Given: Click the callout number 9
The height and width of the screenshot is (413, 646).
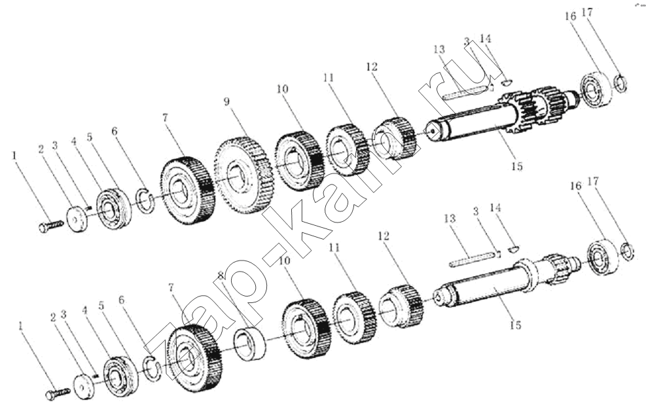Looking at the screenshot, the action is [x=226, y=102].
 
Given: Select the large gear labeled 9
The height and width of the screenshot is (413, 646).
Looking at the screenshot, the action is [x=244, y=176].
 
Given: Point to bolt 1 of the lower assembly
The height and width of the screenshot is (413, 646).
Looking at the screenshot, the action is [x=57, y=393].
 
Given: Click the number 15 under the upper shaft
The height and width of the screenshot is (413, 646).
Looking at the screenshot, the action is [x=516, y=166].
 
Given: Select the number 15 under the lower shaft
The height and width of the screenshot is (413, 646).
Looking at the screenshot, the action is [x=515, y=325].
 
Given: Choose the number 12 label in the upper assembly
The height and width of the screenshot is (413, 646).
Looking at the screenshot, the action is [x=372, y=66].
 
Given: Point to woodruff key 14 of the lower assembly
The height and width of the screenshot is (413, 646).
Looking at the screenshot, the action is [x=513, y=248].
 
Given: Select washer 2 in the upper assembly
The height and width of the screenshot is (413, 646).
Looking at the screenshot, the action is [x=77, y=219].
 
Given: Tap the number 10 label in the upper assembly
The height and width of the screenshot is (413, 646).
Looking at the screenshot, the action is [x=283, y=89].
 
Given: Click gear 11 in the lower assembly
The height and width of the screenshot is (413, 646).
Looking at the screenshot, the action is [x=354, y=318].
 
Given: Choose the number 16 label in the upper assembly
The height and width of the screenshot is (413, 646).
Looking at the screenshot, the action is [x=571, y=16].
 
